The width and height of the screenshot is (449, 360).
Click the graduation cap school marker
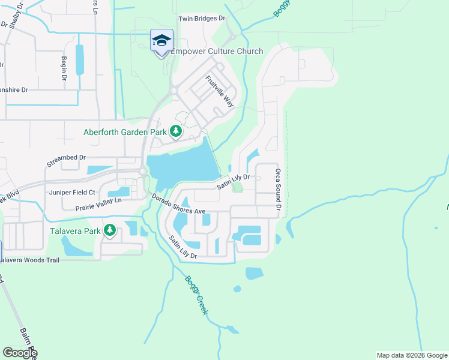pos(161,41)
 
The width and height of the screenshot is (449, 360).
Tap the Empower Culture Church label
pos(217,52)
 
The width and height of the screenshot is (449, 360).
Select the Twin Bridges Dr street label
pos(202,19)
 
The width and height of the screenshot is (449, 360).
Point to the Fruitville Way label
pos(219,91)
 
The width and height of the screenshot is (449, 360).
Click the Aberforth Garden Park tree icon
pos(175,130)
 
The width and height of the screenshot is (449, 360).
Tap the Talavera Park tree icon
pos(109,230)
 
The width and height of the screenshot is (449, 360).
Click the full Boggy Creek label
pos(196,295)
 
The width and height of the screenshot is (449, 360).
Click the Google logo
pos(20,353)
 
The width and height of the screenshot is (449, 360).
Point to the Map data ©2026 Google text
pos(411,355)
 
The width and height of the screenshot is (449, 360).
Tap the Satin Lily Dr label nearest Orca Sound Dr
pos(233,182)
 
